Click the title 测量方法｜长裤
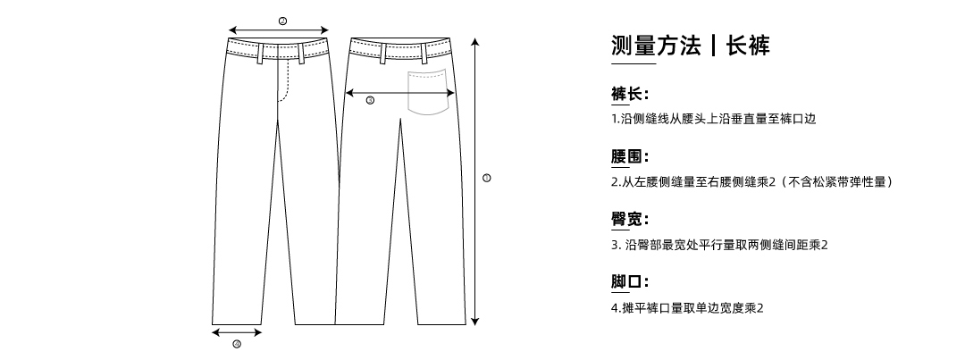(x=690, y=46)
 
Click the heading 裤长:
(x=629, y=95)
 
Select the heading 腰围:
(x=629, y=158)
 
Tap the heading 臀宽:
(x=629, y=220)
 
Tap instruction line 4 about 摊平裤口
(x=687, y=308)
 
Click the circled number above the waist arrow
(x=282, y=20)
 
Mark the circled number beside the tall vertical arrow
(x=486, y=178)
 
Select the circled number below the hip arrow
(x=370, y=100)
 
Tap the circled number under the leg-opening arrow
(x=237, y=344)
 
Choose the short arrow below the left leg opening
(x=237, y=333)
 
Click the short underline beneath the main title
(x=633, y=64)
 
